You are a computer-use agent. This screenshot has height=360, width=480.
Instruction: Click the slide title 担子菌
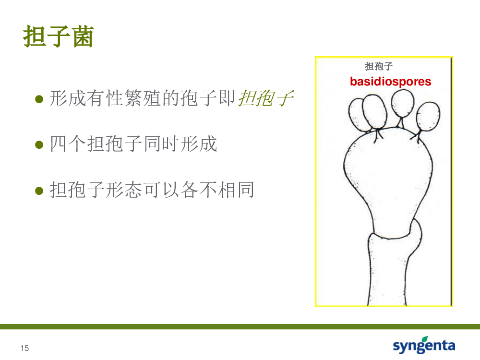[58, 36]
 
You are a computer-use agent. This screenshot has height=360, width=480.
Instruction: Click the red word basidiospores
[390, 82]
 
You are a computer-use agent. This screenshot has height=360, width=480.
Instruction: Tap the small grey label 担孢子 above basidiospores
[379, 66]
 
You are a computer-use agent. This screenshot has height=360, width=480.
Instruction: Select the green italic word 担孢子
[266, 98]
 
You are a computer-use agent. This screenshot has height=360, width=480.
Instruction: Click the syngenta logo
[424, 345]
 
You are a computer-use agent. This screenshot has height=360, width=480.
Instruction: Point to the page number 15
[24, 348]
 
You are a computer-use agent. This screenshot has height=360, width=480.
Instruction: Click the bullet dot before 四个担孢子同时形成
[39, 144]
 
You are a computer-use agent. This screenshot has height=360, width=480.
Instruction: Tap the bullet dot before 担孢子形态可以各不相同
[39, 191]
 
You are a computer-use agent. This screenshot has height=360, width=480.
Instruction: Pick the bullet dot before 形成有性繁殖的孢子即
[39, 99]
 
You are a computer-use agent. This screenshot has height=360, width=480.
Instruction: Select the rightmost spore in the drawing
[428, 117]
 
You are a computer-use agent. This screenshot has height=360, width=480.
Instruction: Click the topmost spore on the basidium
[403, 103]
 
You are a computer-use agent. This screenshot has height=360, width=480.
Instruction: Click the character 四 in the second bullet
[58, 144]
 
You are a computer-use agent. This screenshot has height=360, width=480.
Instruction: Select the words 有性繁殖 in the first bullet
[124, 98]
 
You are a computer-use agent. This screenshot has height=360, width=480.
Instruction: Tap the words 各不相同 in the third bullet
[217, 190]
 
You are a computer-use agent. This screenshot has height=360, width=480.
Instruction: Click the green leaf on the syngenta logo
[425, 339]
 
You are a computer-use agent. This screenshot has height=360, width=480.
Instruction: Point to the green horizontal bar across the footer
[240, 326]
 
